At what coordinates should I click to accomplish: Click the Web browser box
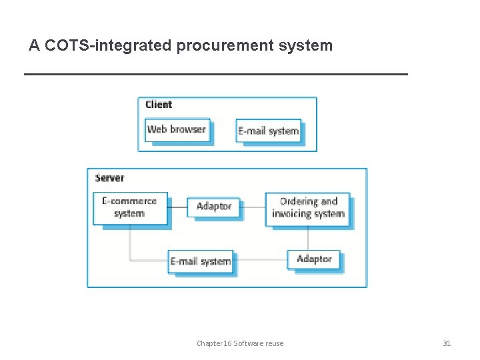point(177,130)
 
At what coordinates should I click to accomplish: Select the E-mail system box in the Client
point(268,131)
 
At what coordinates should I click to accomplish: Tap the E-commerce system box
point(129,207)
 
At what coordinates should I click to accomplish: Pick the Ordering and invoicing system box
point(308,208)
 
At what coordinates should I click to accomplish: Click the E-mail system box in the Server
point(200,261)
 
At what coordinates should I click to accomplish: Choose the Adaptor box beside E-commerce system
point(213,207)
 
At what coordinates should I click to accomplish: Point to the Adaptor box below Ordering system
point(313,259)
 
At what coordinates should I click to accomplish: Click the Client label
point(159,105)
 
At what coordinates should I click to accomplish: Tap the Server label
point(109,178)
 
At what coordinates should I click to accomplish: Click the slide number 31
point(447,343)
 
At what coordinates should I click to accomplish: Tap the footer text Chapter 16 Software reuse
point(240,343)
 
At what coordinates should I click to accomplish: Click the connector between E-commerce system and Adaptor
point(177,207)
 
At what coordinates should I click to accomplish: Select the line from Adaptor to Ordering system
point(253,207)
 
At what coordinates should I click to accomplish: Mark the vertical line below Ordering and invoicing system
point(308,238)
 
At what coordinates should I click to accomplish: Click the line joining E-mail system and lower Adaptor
point(260,260)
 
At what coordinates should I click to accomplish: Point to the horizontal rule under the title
point(215,74)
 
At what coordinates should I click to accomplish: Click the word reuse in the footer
point(274,343)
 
